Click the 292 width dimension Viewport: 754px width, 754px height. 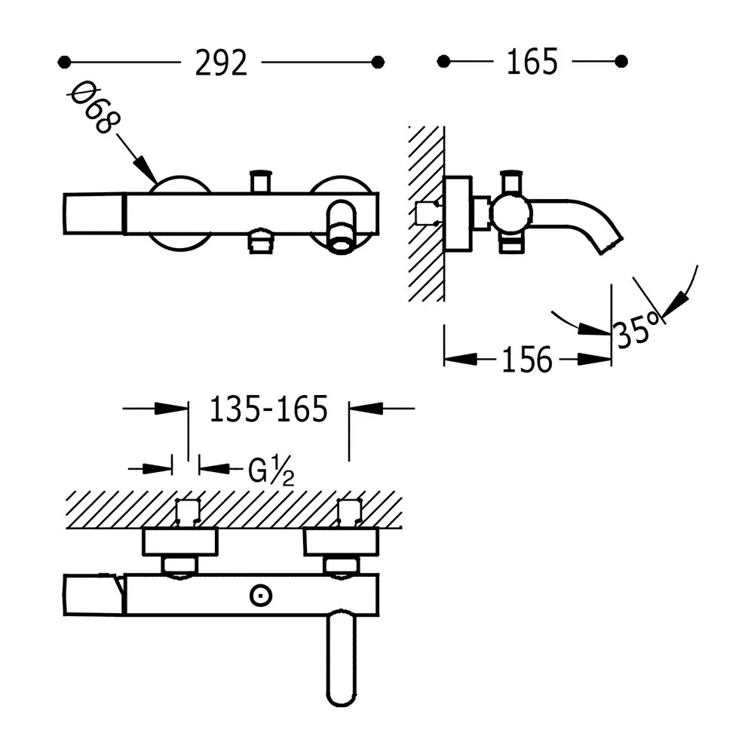[x=221, y=63]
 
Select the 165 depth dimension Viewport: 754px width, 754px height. [x=532, y=62]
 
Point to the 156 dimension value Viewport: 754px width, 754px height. [x=527, y=360]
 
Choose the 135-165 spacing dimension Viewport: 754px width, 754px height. [x=268, y=409]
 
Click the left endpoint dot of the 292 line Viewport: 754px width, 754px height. [x=64, y=62]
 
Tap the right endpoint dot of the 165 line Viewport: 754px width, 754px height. [x=621, y=62]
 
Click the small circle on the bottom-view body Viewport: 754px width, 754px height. [x=261, y=596]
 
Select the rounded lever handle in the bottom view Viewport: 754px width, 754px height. [x=342, y=659]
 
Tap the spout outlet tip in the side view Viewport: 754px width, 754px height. [x=611, y=246]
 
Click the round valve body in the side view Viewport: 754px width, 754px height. [x=511, y=213]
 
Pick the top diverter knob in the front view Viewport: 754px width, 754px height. [x=260, y=181]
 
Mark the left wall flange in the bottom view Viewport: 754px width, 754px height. [x=180, y=542]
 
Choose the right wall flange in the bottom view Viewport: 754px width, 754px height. [x=342, y=542]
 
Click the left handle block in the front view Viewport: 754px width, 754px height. [x=94, y=214]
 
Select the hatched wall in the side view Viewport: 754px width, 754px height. [x=426, y=214]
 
